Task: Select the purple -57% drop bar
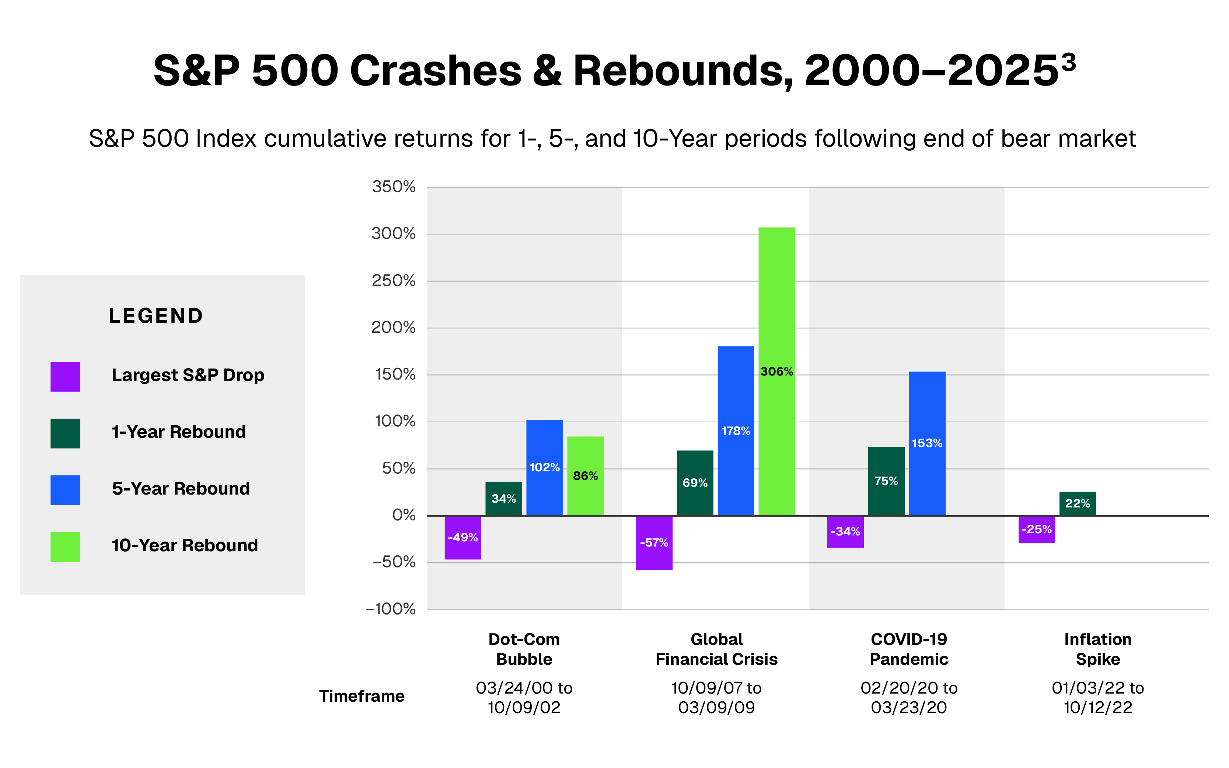(x=654, y=542)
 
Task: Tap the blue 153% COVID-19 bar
(x=927, y=443)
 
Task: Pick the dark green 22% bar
(x=1077, y=503)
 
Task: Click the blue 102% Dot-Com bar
(x=544, y=467)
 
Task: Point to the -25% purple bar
(x=1037, y=529)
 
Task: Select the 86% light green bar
(x=585, y=476)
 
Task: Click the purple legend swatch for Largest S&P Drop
(x=66, y=376)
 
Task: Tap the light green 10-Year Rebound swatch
(x=66, y=547)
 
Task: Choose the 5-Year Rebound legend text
(x=181, y=489)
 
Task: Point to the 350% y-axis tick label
(x=394, y=186)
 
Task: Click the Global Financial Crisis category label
(x=716, y=649)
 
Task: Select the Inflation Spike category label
(x=1097, y=649)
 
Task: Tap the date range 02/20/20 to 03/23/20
(x=908, y=697)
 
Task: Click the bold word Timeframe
(x=362, y=696)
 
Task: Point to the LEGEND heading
(x=156, y=316)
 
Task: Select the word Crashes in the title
(x=436, y=71)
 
